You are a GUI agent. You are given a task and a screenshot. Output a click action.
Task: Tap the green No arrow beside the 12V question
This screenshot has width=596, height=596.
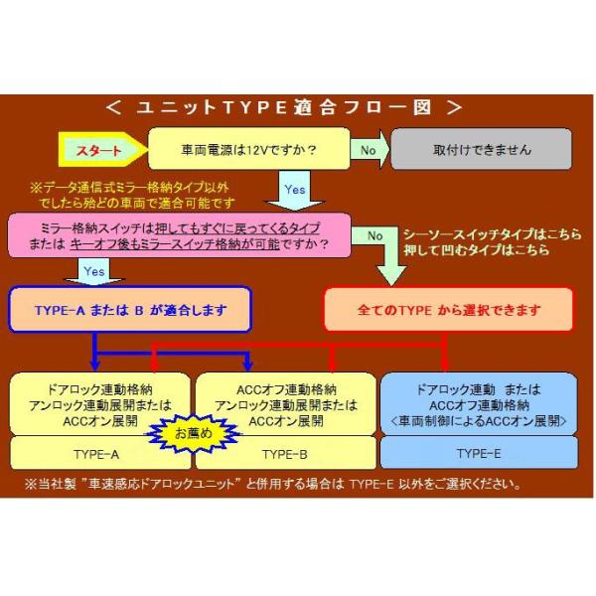[368, 151]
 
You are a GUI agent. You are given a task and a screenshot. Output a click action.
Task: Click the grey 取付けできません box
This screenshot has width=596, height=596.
[483, 151]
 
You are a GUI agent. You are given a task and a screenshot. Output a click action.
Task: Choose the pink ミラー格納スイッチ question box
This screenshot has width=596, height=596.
[183, 234]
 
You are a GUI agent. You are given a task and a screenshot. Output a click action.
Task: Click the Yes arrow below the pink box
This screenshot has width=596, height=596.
[94, 269]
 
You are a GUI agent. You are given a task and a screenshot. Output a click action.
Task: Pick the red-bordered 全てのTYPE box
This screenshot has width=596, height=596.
[449, 310]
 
